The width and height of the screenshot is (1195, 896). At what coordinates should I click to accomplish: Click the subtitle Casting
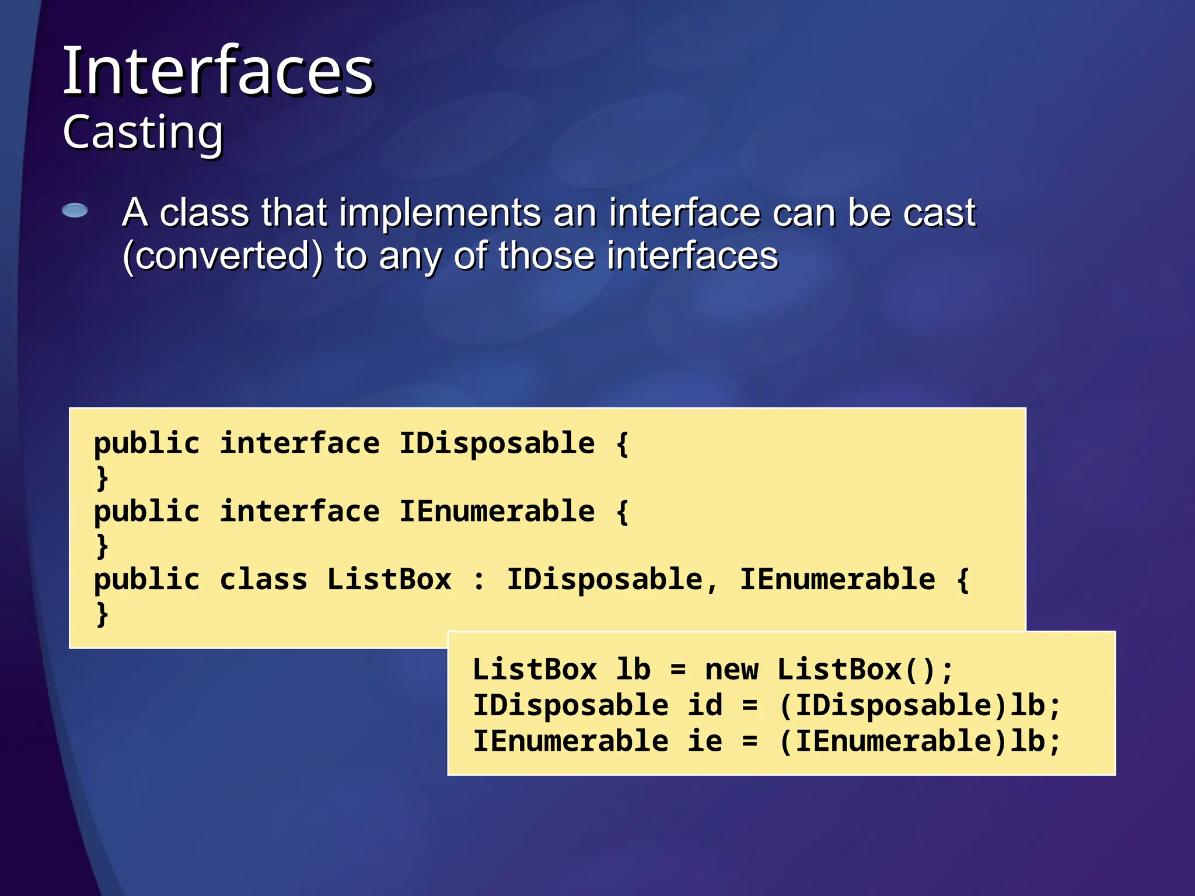pos(143,133)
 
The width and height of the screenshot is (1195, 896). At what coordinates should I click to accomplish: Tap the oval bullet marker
pos(75,211)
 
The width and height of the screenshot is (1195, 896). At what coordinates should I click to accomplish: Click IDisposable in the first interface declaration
pos(497,443)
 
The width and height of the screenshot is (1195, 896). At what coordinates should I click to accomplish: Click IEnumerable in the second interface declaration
pos(497,512)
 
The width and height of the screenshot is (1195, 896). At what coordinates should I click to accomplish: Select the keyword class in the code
pos(263,580)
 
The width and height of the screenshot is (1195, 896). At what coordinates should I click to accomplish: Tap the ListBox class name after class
pos(389,580)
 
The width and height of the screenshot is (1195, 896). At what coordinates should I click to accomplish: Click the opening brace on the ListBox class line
pos(963,580)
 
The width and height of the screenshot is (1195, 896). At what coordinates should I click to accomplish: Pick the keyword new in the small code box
pos(731,670)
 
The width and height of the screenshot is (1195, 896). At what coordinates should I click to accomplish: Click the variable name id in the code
pos(704,705)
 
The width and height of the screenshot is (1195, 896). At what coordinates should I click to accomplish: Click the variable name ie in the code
pos(704,741)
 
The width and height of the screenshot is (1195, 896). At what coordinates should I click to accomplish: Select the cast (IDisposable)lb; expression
pos(920,705)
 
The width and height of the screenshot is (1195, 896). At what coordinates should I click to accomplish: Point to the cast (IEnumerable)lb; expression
pos(920,741)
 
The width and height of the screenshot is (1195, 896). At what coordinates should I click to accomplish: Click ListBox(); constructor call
pos(864,670)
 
